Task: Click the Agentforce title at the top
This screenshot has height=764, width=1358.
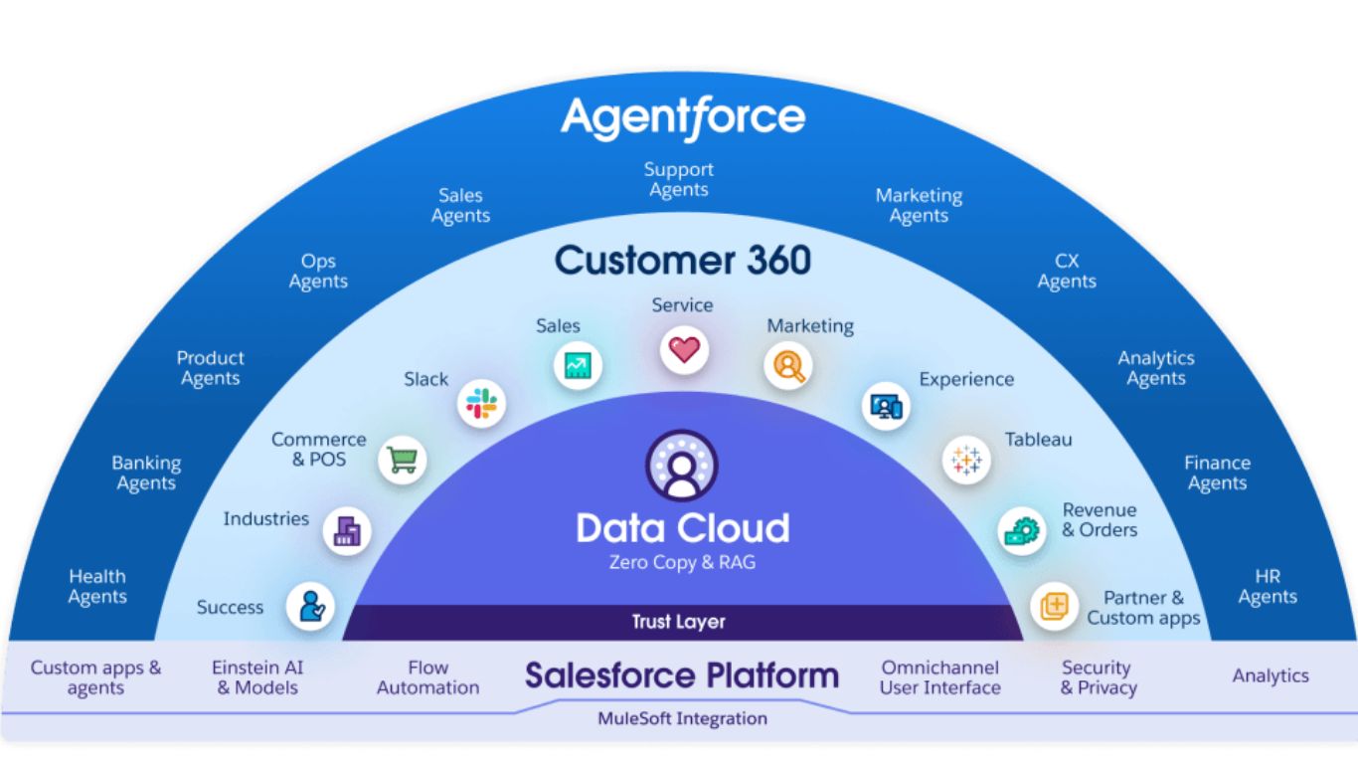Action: pos(683,118)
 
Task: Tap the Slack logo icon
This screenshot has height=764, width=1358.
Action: pos(482,404)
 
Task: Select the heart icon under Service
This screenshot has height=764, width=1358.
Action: pos(684,349)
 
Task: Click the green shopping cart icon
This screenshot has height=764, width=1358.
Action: pos(402,460)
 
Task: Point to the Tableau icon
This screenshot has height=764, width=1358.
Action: pos(966,460)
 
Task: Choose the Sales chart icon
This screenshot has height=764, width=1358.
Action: pos(578,365)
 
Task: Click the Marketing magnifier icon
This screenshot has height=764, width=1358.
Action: pos(788,365)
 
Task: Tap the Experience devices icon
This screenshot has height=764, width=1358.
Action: pos(885,405)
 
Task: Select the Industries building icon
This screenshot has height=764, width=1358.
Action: pos(347,530)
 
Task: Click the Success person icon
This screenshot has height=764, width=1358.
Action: pos(311,606)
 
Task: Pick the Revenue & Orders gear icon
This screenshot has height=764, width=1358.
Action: pos(1022,529)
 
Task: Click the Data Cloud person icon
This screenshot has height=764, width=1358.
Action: pos(682,466)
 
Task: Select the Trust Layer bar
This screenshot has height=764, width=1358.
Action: pos(680,622)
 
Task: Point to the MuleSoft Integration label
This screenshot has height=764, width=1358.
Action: pos(682,717)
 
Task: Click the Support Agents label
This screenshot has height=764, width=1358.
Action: pos(679,180)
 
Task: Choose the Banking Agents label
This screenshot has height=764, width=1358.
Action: pos(146,474)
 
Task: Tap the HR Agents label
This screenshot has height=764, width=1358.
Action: pos(1268,587)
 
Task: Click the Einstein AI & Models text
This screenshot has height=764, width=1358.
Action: pos(257,677)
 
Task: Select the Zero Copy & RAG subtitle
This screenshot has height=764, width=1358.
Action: pos(682,563)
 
